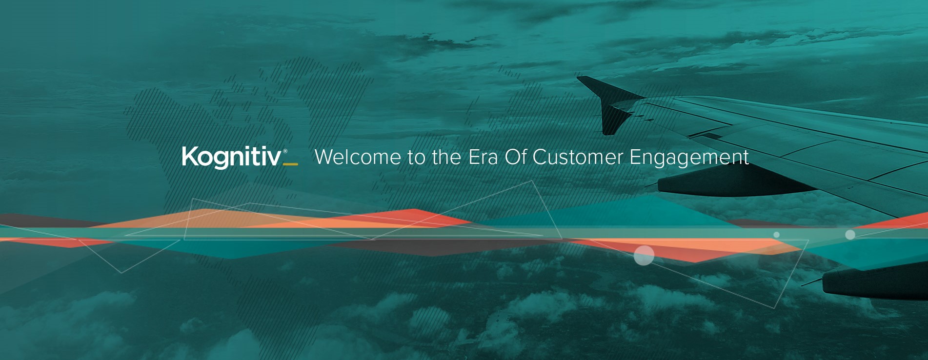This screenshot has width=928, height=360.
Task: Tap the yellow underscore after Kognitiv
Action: [x=290, y=164]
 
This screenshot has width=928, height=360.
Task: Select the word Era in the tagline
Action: [x=483, y=157]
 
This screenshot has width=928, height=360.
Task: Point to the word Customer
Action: [x=578, y=157]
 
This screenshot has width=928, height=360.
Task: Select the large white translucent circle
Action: [x=644, y=255]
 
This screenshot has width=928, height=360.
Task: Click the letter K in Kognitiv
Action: [x=189, y=156]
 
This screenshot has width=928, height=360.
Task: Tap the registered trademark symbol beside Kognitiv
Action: [x=285, y=151]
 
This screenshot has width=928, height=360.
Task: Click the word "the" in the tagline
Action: [x=446, y=157]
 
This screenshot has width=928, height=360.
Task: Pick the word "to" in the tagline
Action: [x=417, y=158]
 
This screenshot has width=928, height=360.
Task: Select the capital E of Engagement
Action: [x=635, y=157]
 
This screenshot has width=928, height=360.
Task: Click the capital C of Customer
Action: [x=540, y=157]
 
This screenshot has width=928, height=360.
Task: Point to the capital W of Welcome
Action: [x=326, y=157]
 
